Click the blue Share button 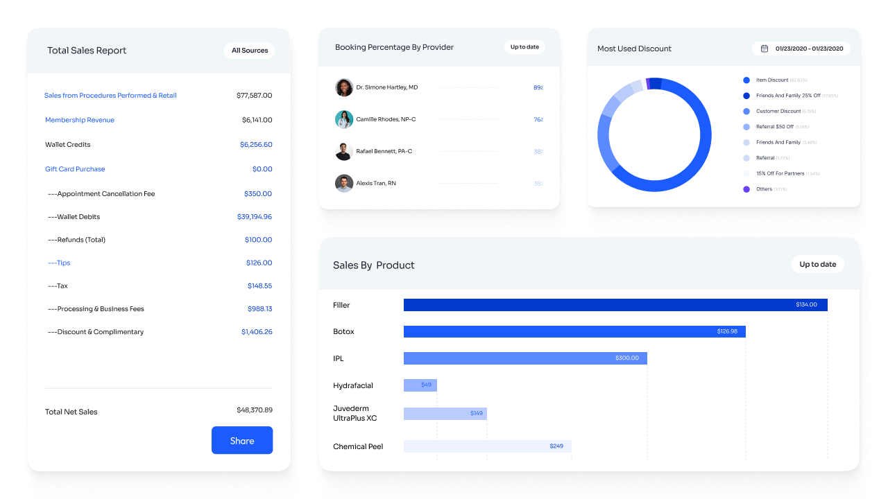click(242, 441)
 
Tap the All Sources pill click(250, 51)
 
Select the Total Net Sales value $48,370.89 click(254, 410)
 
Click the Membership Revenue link click(80, 120)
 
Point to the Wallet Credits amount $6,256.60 click(256, 145)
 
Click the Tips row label click(59, 263)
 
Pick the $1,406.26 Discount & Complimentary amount click(257, 332)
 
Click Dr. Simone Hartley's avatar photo click(344, 87)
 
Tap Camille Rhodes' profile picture click(344, 119)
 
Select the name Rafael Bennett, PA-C click(384, 151)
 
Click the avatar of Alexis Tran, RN click(344, 183)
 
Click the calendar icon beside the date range click(765, 49)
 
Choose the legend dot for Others click(746, 189)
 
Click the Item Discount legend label click(772, 80)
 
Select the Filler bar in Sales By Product click(615, 305)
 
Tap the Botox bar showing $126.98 click(574, 332)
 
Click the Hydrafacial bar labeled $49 click(420, 385)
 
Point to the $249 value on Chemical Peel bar click(556, 446)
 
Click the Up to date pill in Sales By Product click(818, 264)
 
